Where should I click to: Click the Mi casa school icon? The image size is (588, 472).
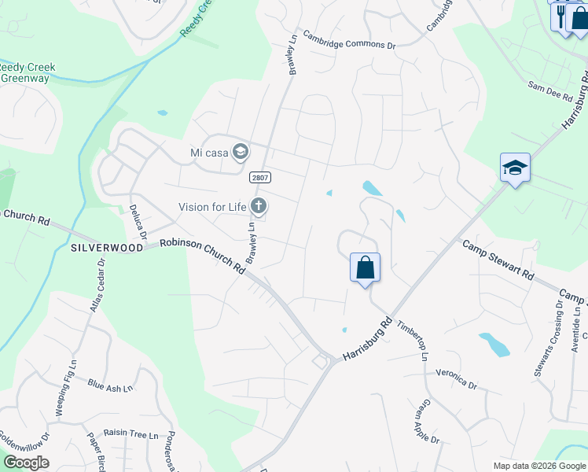point(241,152)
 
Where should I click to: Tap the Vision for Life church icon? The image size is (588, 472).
point(258,207)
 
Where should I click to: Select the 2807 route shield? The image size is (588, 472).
point(260,178)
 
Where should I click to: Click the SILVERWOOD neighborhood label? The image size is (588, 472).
point(107,247)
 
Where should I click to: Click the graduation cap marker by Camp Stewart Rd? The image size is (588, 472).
point(515,168)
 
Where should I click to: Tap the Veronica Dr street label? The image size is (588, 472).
point(456,381)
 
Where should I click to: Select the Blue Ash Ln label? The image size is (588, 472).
point(110,385)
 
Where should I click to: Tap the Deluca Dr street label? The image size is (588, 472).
point(138,222)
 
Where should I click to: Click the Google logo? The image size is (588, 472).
point(25,463)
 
